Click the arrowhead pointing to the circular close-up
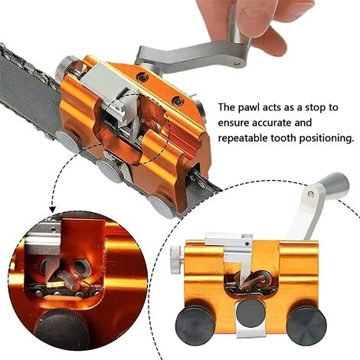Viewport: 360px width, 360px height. (52, 210)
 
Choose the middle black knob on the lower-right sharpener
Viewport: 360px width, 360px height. (250, 314)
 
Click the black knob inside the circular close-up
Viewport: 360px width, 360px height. (62, 329)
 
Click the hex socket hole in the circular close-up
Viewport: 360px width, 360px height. (80, 267)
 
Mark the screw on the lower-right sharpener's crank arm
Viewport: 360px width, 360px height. (310, 195)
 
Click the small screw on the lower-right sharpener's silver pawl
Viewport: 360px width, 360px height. (247, 244)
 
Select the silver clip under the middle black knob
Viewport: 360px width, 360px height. (250, 332)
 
